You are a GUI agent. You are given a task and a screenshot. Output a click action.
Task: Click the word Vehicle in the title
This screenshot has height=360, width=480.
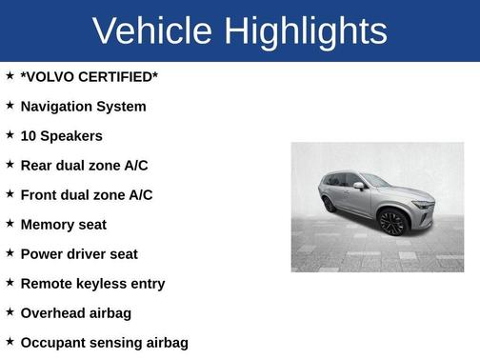coord(150,31)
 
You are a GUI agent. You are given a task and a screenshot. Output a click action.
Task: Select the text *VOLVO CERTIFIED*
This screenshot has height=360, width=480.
coord(90,77)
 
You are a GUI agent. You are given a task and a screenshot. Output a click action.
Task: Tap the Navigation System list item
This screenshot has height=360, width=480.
coord(83,107)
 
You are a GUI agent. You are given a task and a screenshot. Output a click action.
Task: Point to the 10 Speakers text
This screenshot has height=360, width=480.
coord(61,136)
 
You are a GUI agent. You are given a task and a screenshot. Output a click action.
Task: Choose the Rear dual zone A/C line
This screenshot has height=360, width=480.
coord(84,166)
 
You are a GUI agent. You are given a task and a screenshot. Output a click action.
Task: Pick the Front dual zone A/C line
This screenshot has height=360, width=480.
coord(87,195)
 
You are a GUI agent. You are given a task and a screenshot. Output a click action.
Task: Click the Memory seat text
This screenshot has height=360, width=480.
coord(63,225)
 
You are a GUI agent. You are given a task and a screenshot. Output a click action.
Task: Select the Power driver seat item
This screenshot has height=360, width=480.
coord(79,254)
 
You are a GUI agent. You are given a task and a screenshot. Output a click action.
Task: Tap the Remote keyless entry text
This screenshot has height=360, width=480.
coord(92,284)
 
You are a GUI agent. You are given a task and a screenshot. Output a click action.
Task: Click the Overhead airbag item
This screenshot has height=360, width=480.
coord(75,313)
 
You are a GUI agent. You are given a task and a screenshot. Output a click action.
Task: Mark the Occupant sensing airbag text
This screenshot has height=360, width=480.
coord(104,343)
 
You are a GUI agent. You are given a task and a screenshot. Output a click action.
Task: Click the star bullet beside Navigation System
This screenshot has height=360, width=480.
coord(10,106)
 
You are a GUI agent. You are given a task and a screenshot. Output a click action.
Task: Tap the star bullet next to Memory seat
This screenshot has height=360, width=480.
coord(10,224)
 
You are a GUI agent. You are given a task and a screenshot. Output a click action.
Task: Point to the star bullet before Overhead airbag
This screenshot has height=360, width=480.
coord(10,312)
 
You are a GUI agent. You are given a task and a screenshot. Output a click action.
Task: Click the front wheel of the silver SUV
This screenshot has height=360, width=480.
coord(392,223)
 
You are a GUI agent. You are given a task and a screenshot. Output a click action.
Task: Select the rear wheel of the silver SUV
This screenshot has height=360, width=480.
coord(330,204)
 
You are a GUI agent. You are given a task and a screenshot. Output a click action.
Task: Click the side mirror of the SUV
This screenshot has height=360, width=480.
coord(358,186)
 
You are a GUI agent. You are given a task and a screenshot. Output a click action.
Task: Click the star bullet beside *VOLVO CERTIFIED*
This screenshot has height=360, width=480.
coord(10,76)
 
